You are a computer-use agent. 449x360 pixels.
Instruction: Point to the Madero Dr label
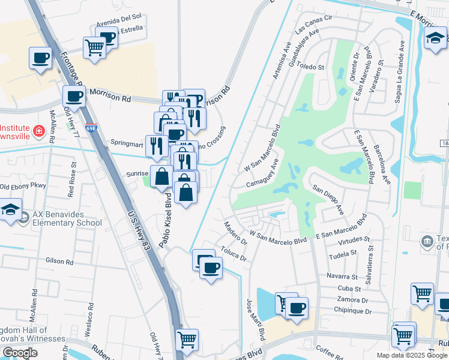tap(235, 233)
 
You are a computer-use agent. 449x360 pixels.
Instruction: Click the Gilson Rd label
tap(59, 262)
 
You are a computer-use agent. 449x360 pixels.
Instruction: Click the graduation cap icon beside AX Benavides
tap(11, 211)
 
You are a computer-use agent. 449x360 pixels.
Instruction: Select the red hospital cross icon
tap(39, 130)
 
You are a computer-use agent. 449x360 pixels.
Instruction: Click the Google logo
tap(20, 352)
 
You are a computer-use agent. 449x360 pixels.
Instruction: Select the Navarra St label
tap(343, 277)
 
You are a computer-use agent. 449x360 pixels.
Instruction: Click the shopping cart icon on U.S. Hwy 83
tap(187, 339)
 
